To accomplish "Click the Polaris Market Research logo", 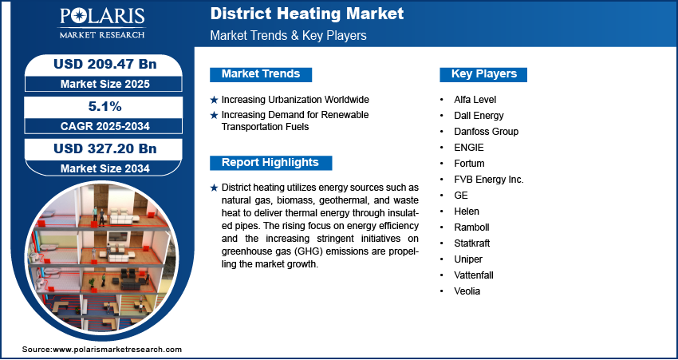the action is (102, 22).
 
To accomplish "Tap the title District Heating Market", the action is (307, 14).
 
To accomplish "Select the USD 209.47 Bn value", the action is (105, 64).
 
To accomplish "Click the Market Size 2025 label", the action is (105, 84).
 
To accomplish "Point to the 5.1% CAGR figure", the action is (105, 106).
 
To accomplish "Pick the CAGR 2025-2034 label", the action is (105, 126).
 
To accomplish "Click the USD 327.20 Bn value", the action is (105, 148).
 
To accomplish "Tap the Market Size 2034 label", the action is (105, 168).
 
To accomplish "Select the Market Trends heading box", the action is (261, 74).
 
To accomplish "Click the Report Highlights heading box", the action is (270, 163).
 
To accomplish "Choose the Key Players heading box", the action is (483, 74).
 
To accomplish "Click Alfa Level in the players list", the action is (475, 100).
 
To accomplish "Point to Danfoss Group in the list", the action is (486, 132).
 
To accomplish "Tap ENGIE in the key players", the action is (469, 148).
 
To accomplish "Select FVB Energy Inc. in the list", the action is (489, 180).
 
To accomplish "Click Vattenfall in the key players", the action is (474, 275).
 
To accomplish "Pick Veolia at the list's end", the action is (467, 291).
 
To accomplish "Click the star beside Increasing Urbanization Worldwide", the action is (214, 100).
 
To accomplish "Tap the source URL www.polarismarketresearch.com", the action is (117, 349).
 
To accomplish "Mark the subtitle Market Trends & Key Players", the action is (289, 35).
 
